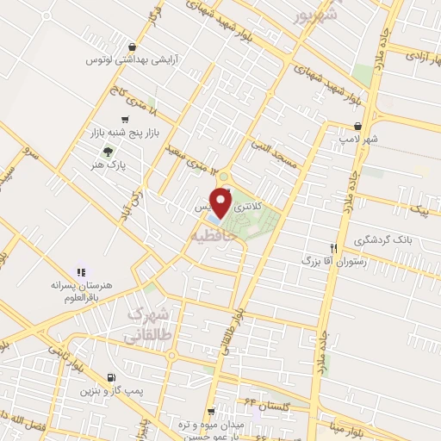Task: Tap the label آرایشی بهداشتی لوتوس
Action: coord(121,60)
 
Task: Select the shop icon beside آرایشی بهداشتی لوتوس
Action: coord(130,47)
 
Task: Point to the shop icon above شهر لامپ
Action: coord(394,124)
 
